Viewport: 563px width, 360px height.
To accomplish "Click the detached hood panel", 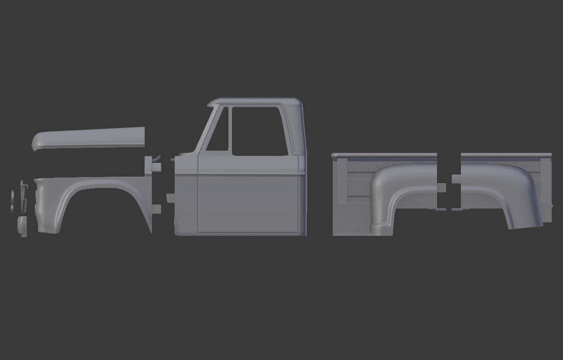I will (91, 137).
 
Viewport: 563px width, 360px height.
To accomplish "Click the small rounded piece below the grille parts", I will (22, 226).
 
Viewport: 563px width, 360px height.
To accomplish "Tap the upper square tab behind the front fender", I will (156, 167).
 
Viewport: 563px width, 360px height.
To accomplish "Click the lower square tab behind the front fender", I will (156, 209).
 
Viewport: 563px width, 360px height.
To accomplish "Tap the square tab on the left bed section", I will (441, 188).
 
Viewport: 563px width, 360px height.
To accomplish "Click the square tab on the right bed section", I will (456, 179).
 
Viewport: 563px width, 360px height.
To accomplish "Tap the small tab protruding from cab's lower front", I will (170, 198).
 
